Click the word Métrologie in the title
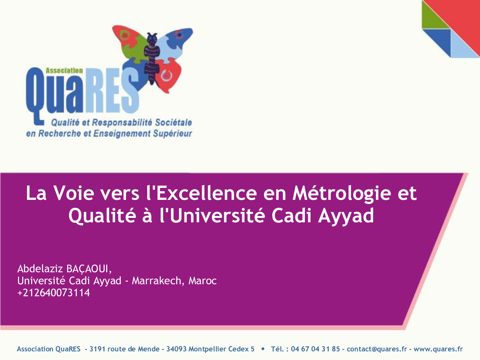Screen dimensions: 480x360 [342, 194]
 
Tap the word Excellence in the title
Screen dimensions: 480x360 [207, 193]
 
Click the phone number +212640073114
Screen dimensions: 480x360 [54, 292]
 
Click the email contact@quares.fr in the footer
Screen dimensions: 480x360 [377, 349]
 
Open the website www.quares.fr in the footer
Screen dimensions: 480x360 [438, 349]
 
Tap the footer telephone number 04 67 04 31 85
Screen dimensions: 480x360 [315, 349]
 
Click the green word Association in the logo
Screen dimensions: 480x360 [64, 70]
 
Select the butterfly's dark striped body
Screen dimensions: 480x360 [152, 58]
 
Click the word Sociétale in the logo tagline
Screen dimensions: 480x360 [173, 122]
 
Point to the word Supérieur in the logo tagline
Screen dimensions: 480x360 [172, 133]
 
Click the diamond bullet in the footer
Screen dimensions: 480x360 [263, 349]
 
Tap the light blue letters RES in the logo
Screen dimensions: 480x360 [112, 92]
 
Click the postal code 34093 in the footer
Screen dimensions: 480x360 [176, 349]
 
